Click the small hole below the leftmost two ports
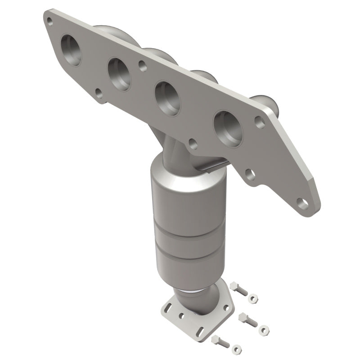tap(98, 93)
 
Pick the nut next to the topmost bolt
tap(254, 297)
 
